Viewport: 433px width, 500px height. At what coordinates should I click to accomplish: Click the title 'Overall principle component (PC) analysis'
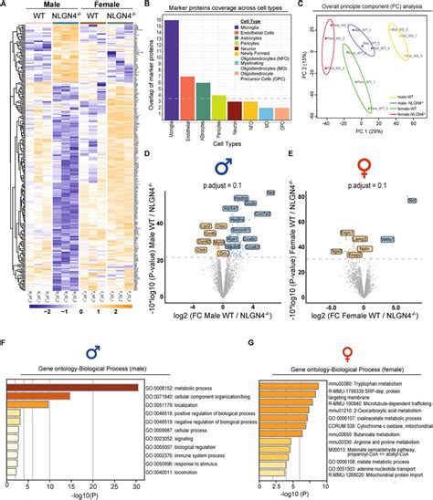(369, 5)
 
